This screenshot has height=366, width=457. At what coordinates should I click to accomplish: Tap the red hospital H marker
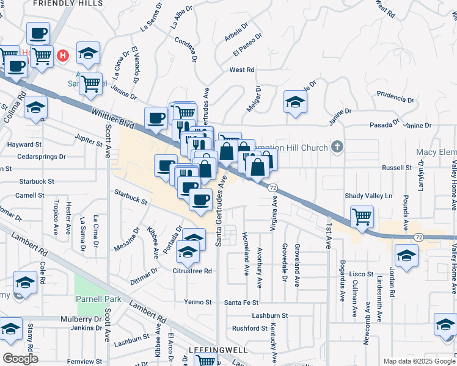tap(62, 56)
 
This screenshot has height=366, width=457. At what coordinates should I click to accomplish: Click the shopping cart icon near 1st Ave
tap(362, 217)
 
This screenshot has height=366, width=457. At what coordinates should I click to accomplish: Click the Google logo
tap(20, 358)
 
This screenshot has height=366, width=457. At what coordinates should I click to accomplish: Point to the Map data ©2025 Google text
tap(419, 361)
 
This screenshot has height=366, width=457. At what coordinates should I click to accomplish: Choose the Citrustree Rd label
tap(192, 271)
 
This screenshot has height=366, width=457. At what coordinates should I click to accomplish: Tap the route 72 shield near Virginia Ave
tap(273, 187)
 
